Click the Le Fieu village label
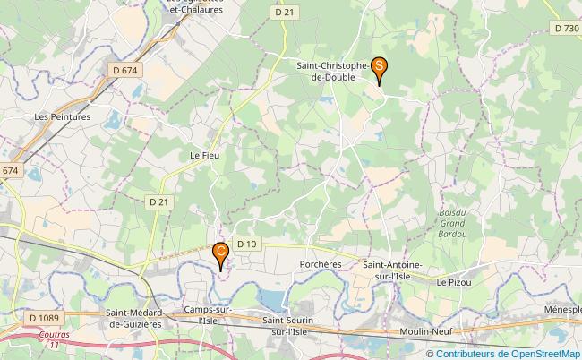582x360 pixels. pyautogui.click(x=204, y=155)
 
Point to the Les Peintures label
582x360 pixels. pyautogui.click(x=63, y=116)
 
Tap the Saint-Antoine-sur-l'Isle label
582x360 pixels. pyautogui.click(x=391, y=270)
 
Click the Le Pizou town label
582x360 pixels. pyautogui.click(x=454, y=282)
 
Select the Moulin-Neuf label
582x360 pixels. pyautogui.click(x=425, y=332)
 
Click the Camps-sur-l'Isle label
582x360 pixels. pyautogui.click(x=207, y=314)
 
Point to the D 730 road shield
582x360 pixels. pyautogui.click(x=566, y=29)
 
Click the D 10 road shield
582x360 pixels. pyautogui.click(x=246, y=244)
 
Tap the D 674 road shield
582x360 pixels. pyautogui.click(x=124, y=69)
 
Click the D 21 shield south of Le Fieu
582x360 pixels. pyautogui.click(x=158, y=202)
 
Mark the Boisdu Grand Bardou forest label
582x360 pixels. pyautogui.click(x=454, y=221)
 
